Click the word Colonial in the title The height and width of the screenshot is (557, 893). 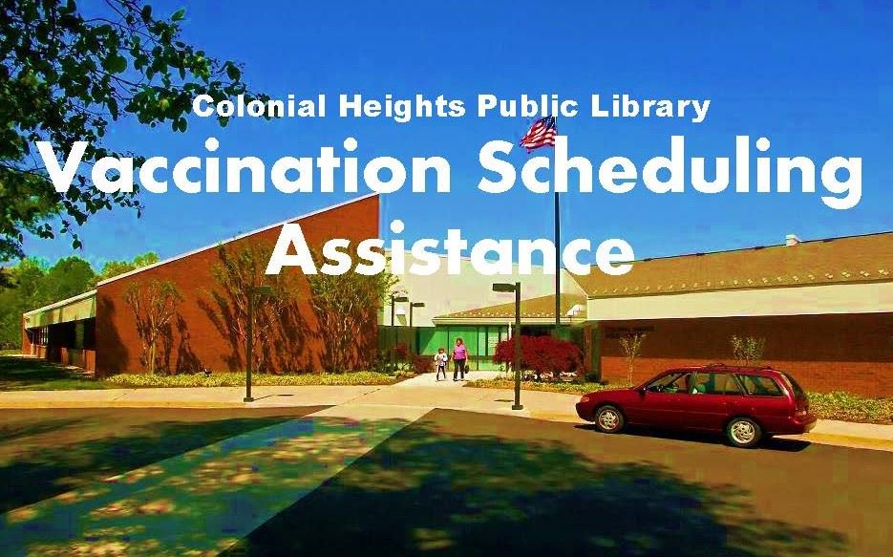pos(247,106)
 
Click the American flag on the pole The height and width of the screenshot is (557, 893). pos(538,134)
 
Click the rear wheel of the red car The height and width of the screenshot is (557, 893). pos(742,432)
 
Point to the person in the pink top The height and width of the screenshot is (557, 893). pos(459,358)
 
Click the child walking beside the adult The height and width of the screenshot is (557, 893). pos(440,364)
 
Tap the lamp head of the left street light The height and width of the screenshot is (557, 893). pos(260,289)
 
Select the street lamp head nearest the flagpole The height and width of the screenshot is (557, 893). pos(504,287)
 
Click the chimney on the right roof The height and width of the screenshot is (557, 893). pos(791,239)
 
